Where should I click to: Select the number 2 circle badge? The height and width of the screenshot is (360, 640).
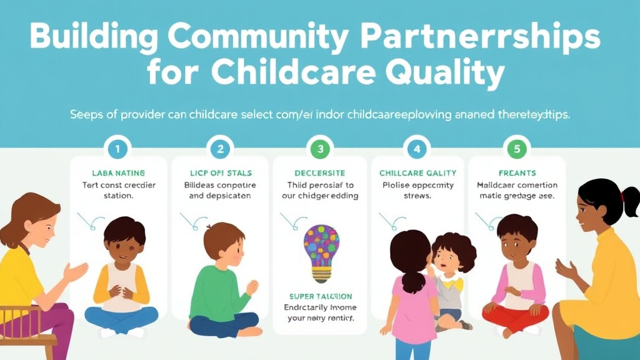coord(219,149)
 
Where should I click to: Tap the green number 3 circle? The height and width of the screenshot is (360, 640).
coord(321,149)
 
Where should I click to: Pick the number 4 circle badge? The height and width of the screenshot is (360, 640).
coord(417,149)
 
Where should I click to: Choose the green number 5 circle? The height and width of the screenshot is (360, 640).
coord(517,149)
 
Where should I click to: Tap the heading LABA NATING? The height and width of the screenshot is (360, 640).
coord(118,172)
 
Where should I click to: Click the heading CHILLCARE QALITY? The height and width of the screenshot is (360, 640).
coord(417,172)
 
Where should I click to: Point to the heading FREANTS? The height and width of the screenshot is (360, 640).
coord(517,172)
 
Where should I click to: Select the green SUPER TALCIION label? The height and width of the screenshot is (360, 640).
coord(321,296)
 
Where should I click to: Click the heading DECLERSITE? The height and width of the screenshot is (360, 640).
coord(321,172)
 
